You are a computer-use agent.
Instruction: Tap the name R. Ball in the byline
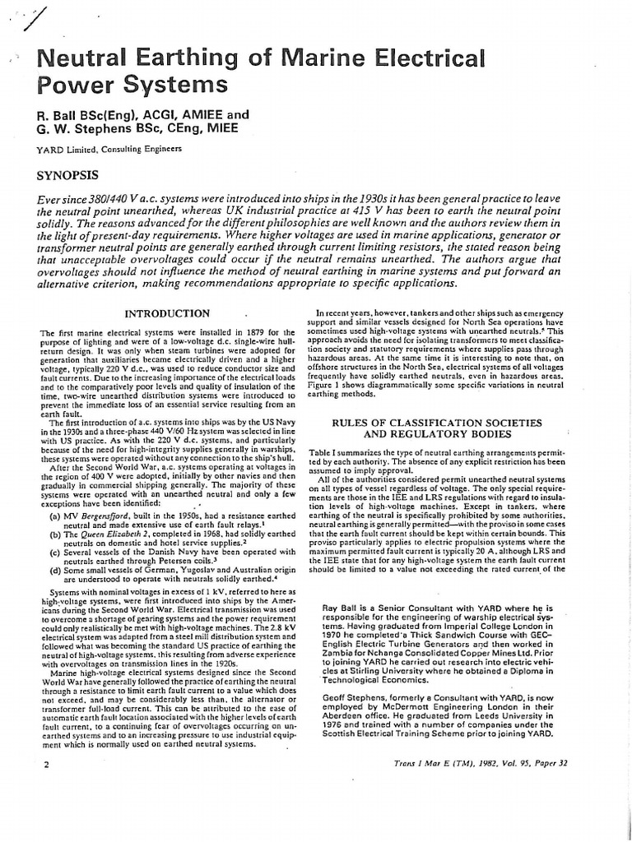click(x=58, y=114)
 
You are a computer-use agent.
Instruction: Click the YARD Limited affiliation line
click(x=108, y=149)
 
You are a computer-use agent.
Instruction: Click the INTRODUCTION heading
click(x=166, y=313)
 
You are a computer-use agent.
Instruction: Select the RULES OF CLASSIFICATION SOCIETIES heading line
click(x=436, y=422)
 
